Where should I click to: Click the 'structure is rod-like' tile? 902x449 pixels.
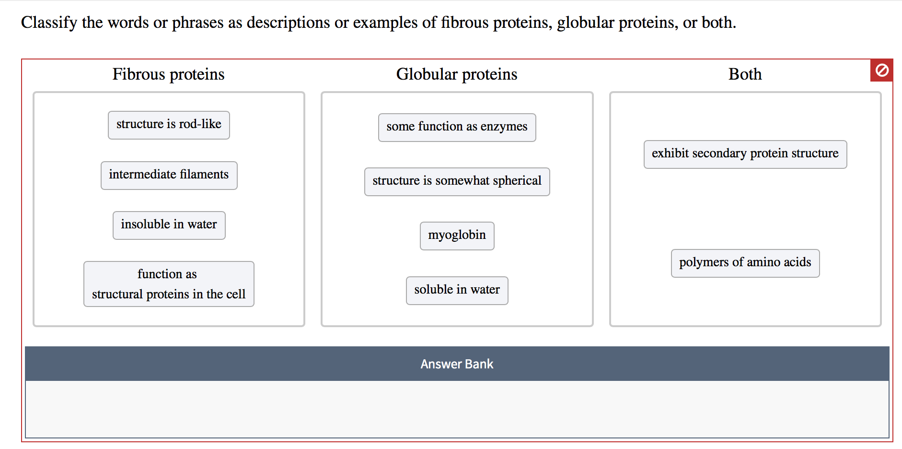click(169, 125)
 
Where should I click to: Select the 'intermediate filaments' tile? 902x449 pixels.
click(169, 175)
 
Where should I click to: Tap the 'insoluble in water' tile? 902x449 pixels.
click(169, 225)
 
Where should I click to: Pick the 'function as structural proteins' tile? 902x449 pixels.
click(169, 284)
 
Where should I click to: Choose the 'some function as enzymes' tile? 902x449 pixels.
click(457, 127)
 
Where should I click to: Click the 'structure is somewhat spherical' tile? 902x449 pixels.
click(457, 181)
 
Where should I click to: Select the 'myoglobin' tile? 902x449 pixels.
click(457, 236)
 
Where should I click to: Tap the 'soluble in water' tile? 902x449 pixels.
click(457, 290)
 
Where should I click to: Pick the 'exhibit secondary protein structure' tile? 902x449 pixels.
click(745, 154)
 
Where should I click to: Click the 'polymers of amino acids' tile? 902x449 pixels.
click(745, 263)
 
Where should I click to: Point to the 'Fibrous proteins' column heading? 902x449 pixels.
click(168, 74)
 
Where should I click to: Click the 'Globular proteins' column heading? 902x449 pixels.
click(457, 74)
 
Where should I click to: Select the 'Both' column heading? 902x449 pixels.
click(745, 74)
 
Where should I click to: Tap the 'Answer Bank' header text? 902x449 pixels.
click(457, 364)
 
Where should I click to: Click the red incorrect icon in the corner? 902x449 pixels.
click(881, 71)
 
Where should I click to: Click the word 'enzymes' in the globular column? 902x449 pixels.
click(504, 127)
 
